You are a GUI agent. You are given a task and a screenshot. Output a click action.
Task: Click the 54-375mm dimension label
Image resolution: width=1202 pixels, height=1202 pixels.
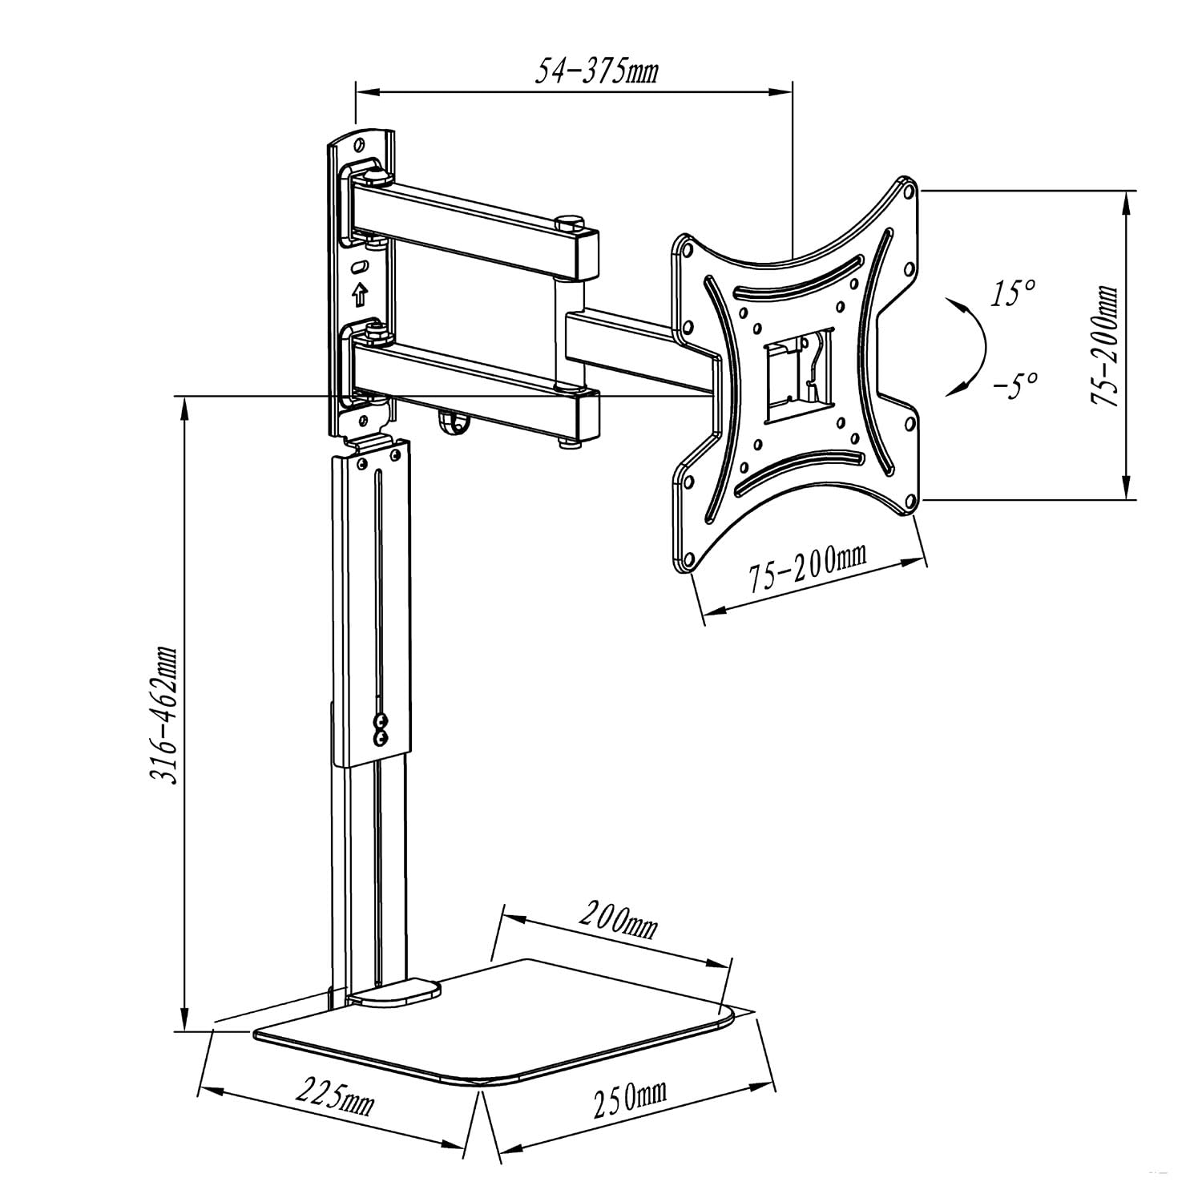point(596,71)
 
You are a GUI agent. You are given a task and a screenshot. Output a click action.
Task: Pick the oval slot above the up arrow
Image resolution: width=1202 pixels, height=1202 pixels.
point(359,265)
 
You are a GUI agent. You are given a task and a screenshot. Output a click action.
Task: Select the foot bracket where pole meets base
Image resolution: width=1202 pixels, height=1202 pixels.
point(393,994)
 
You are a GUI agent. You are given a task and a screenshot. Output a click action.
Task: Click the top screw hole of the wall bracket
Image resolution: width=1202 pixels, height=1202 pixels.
point(358,143)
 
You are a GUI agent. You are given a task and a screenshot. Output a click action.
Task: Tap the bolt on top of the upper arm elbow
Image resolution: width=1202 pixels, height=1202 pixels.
point(571,221)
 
